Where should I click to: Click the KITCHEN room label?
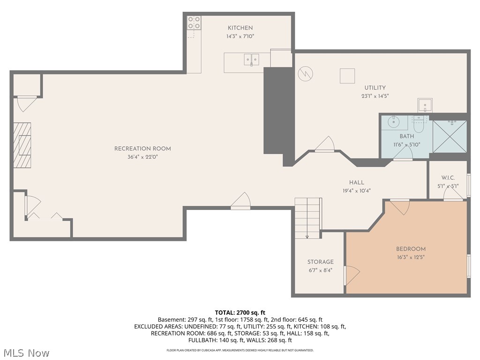pyautogui.click(x=240, y=28)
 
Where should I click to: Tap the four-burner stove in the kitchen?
pyautogui.click(x=194, y=22)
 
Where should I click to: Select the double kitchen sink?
pyautogui.click(x=251, y=60)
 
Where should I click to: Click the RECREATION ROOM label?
pyautogui.click(x=142, y=149)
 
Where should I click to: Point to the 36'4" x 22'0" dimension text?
pyautogui.click(x=142, y=157)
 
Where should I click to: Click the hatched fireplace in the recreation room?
pyautogui.click(x=22, y=145)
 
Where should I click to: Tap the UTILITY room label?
pyautogui.click(x=375, y=88)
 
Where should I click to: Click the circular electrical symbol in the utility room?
pyautogui.click(x=306, y=74)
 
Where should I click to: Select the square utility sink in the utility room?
pyautogui.click(x=425, y=105)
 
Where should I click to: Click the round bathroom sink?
pyautogui.click(x=393, y=122)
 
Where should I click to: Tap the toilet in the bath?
pyautogui.click(x=418, y=125)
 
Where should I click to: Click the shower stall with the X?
pyautogui.click(x=450, y=136)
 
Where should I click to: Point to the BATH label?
pyautogui.click(x=407, y=136)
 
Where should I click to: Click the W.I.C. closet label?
pyautogui.click(x=448, y=178)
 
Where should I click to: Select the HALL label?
pyautogui.click(x=357, y=182)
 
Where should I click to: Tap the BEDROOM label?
pyautogui.click(x=411, y=249)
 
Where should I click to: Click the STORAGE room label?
pyautogui.click(x=321, y=262)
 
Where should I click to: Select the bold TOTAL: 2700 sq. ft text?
pyautogui.click(x=240, y=313)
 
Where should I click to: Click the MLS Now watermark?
pyautogui.click(x=25, y=353)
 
